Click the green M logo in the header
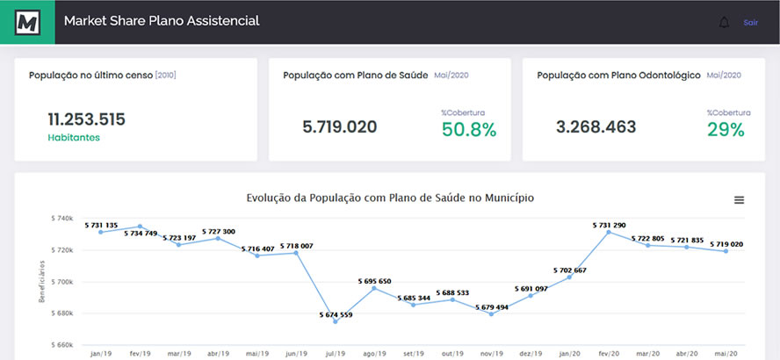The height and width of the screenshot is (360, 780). pos(27,22)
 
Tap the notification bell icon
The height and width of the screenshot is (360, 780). pos(724,22)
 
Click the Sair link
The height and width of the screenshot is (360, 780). pos(751,22)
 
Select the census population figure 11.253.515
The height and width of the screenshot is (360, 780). pos(86,119)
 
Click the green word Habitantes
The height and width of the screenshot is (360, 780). pos(74,138)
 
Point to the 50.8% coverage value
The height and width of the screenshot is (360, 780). pos(469,130)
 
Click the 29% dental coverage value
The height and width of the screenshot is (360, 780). pos(726,130)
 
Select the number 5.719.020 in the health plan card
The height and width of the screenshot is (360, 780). pos(339,126)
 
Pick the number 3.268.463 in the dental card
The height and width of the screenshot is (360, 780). pos(596,126)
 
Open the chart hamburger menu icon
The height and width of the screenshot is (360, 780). pos(739,200)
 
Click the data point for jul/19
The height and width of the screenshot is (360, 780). pos(336,321)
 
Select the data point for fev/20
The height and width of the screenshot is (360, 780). pos(608,232)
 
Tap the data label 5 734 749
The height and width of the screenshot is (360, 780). pos(141,234)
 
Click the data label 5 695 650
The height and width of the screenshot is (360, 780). pos(374,281)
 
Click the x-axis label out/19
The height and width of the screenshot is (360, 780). pos(452,354)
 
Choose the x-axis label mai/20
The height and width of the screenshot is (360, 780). pos(725,354)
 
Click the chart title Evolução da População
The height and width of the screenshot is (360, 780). pos(390,198)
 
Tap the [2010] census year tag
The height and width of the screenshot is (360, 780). pos(165,76)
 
